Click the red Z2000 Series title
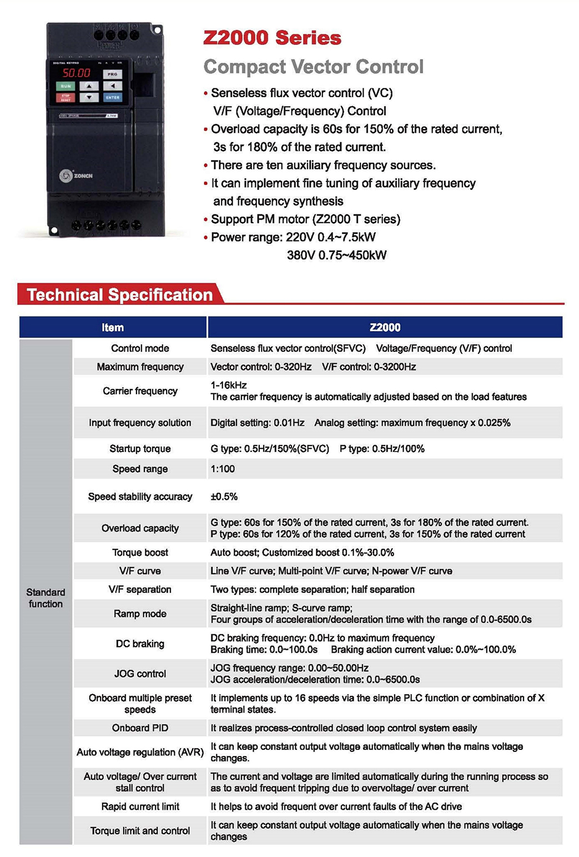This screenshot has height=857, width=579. point(272,38)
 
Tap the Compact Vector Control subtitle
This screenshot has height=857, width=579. point(313,67)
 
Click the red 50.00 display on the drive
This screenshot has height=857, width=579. point(76,73)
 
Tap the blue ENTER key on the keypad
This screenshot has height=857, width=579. point(112,97)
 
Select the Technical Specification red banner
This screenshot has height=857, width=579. point(119,295)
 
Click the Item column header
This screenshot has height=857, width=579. point(113,328)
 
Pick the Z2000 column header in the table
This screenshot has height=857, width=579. point(385,328)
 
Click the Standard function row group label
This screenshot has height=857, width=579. point(46,598)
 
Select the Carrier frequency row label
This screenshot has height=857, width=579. point(140,391)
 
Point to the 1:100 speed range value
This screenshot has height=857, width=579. point(223,469)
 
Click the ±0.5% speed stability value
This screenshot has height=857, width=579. point(224,497)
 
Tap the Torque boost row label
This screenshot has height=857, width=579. point(140,552)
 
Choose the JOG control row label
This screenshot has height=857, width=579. point(140,674)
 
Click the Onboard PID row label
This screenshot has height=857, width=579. point(140,728)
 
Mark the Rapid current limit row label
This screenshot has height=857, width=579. point(140,806)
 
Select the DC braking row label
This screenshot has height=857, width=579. point(140,644)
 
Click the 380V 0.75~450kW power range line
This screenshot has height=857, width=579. point(336,255)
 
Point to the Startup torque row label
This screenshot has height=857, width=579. point(140,449)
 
